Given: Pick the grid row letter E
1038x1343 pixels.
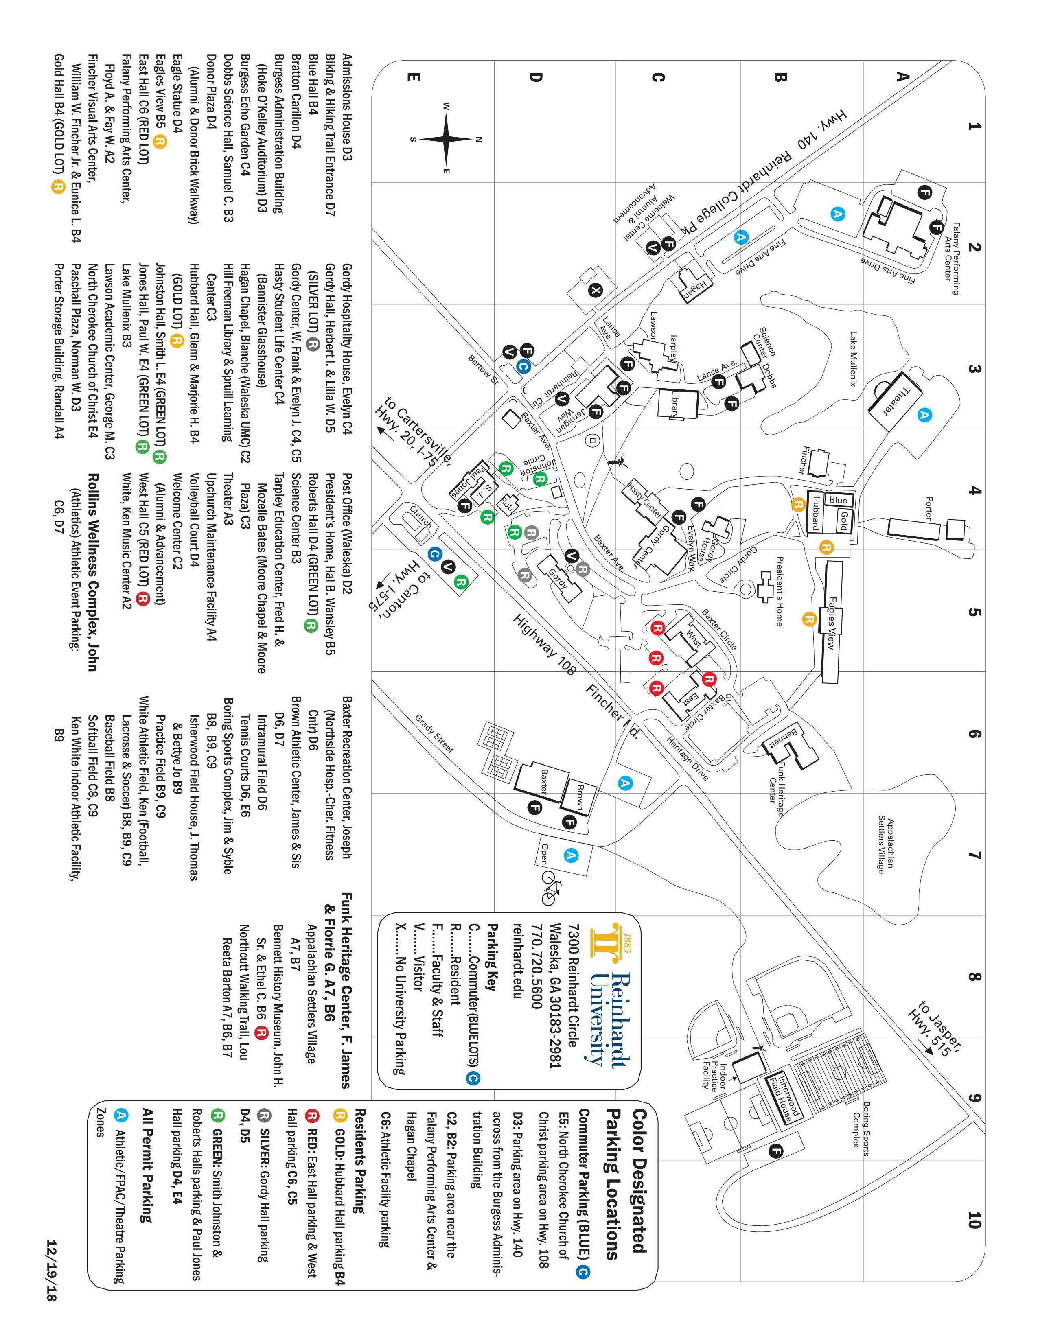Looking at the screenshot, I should (413, 77).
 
